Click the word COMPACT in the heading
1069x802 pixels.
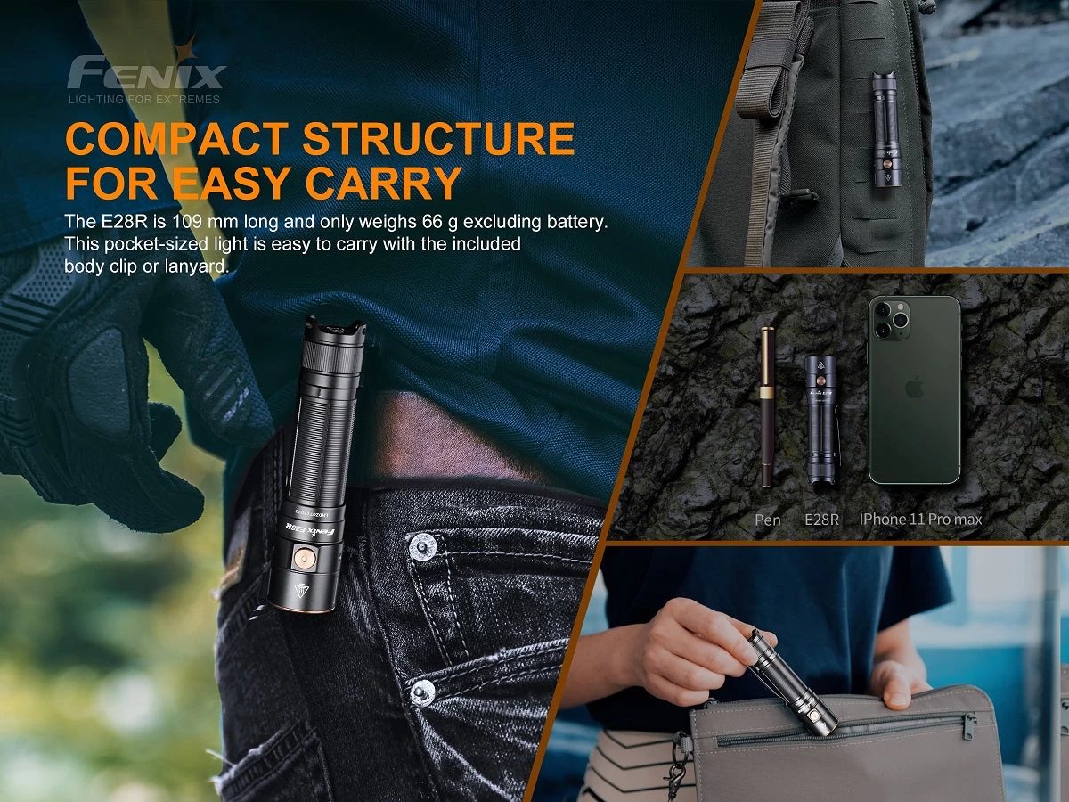point(175,140)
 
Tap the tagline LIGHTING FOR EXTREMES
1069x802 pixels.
point(143,100)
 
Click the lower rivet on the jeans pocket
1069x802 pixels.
point(424,689)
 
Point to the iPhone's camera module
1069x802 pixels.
point(890,318)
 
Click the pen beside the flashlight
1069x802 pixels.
point(766,406)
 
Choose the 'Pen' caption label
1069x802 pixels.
point(767,520)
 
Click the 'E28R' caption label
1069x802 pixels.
point(821,520)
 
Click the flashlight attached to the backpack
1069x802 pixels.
point(886,130)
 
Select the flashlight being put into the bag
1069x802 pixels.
point(791,682)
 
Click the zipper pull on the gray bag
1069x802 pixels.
point(969,727)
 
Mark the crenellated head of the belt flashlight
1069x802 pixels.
point(335,329)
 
